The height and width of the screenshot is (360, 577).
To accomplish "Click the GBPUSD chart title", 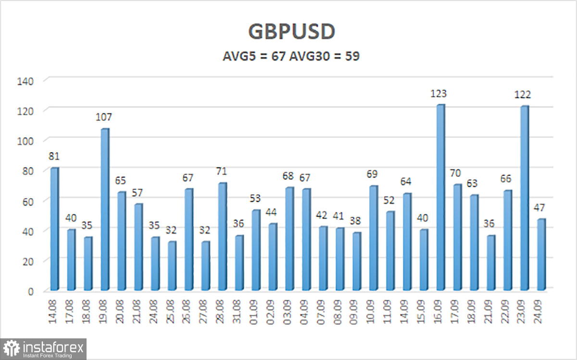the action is [291, 31].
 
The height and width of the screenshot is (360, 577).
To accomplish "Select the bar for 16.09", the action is [441, 198].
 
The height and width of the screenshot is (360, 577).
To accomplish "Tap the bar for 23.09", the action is [525, 199].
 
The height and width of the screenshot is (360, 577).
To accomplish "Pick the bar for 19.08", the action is [105, 210].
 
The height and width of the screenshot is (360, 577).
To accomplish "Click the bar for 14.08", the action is [55, 229].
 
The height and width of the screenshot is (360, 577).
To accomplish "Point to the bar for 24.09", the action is [541, 255].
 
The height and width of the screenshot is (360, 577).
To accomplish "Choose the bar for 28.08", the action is [223, 236].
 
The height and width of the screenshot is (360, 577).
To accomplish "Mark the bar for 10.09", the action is [374, 238].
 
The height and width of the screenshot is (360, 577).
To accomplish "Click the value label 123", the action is [439, 94].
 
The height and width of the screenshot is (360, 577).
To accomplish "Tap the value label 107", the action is [103, 117].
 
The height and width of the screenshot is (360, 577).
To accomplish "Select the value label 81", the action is [54, 156].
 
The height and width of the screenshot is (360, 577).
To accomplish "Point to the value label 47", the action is [539, 208].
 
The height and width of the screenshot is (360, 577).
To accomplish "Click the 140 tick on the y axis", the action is [25, 81].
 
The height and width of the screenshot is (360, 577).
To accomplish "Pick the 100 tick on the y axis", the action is [25, 141].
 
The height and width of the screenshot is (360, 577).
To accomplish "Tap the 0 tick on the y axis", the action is [31, 292].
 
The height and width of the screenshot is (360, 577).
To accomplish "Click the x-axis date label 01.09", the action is [254, 311].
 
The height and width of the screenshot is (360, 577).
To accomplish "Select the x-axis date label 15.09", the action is [422, 311].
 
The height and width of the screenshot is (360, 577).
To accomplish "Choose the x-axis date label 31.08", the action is [237, 311].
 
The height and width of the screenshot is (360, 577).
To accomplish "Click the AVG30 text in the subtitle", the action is [309, 56].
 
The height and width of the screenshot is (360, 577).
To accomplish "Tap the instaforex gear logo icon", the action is [12, 348].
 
